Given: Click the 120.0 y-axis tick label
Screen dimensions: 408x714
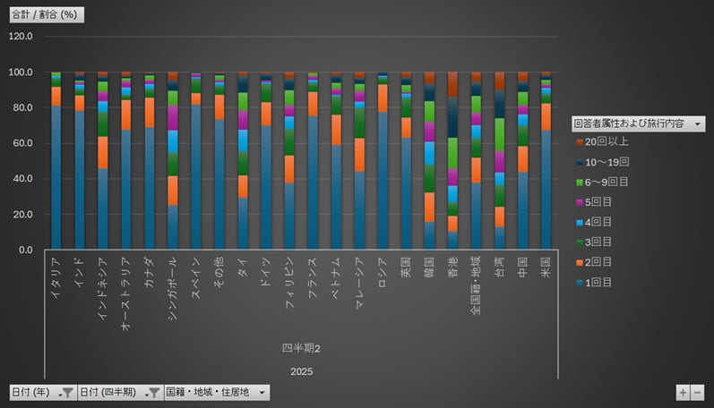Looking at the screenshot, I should tap(20, 37).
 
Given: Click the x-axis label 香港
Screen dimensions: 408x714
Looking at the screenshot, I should tap(452, 266).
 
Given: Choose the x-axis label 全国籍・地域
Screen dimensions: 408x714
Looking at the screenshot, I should tap(476, 285).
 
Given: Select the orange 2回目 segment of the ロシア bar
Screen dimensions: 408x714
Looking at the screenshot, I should tap(383, 98).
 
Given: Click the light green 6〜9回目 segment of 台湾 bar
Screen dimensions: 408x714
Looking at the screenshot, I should tap(499, 134).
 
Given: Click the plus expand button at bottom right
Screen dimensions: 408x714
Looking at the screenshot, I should tap(683, 392).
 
